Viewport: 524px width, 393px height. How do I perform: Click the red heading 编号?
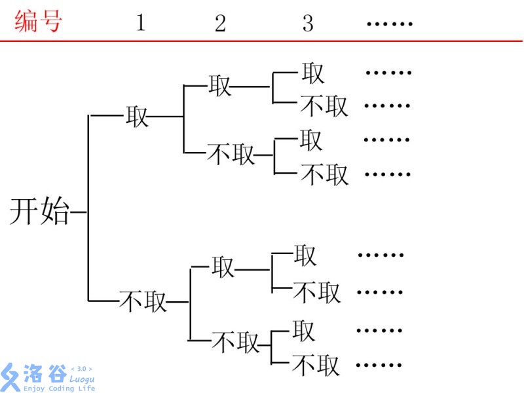pos(38,22)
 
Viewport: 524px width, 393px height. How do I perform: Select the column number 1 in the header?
pos(140,23)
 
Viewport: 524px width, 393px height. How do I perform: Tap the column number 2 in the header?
pos(220,24)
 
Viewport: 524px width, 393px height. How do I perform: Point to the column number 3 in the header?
pos(308,24)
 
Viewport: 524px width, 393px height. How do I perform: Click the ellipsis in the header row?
pos(389,24)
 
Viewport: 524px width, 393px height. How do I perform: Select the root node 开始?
pos(39,212)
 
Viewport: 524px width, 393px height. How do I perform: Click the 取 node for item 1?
pos(138,117)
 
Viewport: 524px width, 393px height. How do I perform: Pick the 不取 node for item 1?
pos(143,301)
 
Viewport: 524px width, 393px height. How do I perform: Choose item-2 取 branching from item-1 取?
pos(220,85)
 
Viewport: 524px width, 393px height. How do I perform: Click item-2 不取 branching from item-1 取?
pos(231,155)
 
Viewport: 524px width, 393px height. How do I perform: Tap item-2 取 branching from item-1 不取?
pos(223,267)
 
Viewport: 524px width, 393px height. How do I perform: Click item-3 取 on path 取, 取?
pos(313,73)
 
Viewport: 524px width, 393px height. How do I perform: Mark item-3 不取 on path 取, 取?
pos(324,105)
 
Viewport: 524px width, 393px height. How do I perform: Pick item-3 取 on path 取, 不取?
pos(311,140)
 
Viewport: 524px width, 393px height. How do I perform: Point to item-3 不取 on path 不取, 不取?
pos(316,364)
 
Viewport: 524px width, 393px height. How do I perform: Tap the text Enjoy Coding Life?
pos(59,388)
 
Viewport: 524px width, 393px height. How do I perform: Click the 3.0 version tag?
pos(81,369)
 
